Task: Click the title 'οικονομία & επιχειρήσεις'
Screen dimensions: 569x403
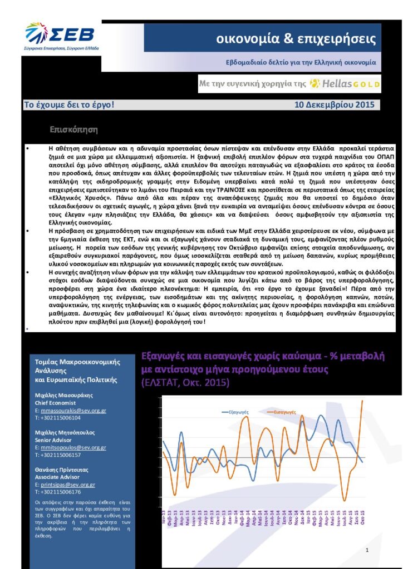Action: pos(296,39)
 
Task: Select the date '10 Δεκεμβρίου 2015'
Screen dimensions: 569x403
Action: pos(334,104)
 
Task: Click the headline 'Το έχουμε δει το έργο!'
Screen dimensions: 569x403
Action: pos(69,104)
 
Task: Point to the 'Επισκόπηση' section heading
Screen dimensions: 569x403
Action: pos(73,130)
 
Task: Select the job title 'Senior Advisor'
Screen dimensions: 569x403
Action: pos(53,440)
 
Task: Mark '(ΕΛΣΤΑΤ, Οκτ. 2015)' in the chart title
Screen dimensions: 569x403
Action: pos(185,383)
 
